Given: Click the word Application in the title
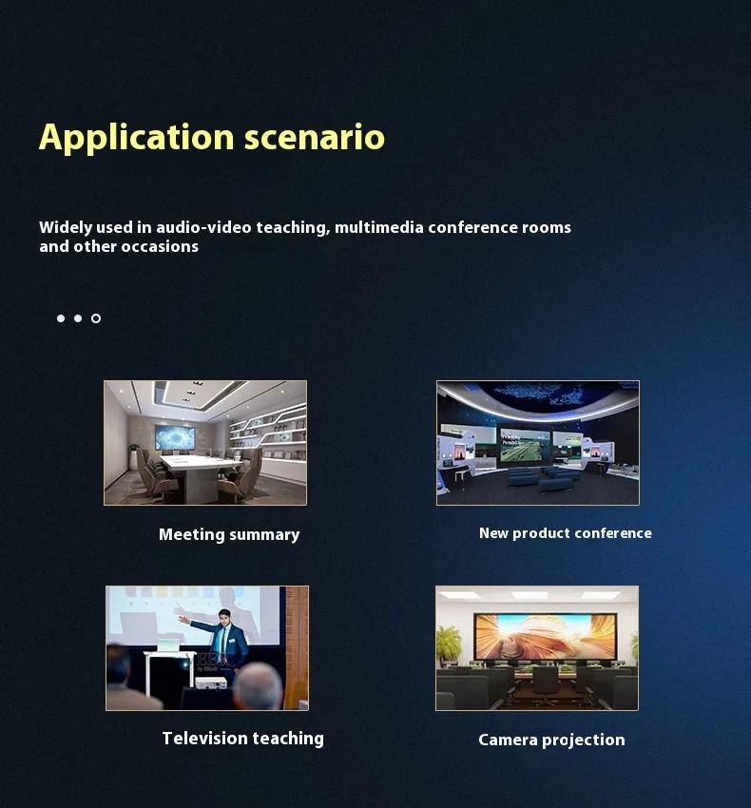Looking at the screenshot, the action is [x=137, y=138].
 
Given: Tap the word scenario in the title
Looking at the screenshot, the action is [x=315, y=137].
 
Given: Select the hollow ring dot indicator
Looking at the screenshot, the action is [x=96, y=318].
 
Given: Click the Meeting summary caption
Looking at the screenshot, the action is [x=229, y=535].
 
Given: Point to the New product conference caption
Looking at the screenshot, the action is [x=566, y=533].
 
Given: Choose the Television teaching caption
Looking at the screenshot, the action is [x=242, y=739].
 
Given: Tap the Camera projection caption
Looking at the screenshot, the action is [x=551, y=740].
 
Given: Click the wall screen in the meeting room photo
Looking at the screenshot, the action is [x=175, y=437].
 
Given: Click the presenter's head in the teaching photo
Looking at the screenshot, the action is [x=224, y=616].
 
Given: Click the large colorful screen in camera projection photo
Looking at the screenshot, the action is [x=546, y=636].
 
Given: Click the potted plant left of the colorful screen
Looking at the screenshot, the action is [x=448, y=643].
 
